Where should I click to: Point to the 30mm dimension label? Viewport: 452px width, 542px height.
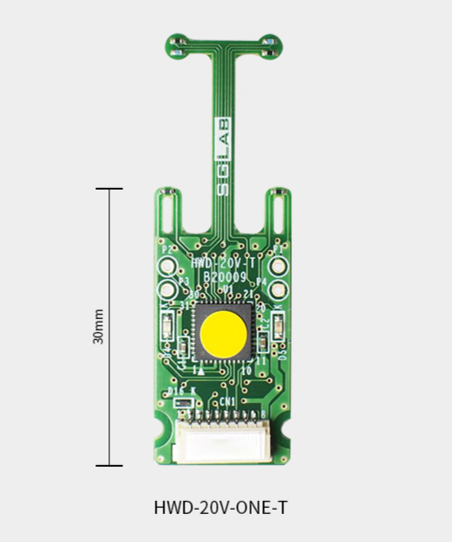pyautogui.click(x=99, y=326)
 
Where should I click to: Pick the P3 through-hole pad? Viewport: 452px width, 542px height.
pyautogui.click(x=166, y=289)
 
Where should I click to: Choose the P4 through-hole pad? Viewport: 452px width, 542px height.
pyautogui.click(x=279, y=289)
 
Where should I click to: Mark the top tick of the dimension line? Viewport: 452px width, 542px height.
pyautogui.click(x=109, y=188)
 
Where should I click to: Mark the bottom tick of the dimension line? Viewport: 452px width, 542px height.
pyautogui.click(x=109, y=465)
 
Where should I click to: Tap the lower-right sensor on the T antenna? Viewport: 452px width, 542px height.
pyautogui.click(x=275, y=53)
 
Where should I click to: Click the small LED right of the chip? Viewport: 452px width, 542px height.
pyautogui.click(x=277, y=326)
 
